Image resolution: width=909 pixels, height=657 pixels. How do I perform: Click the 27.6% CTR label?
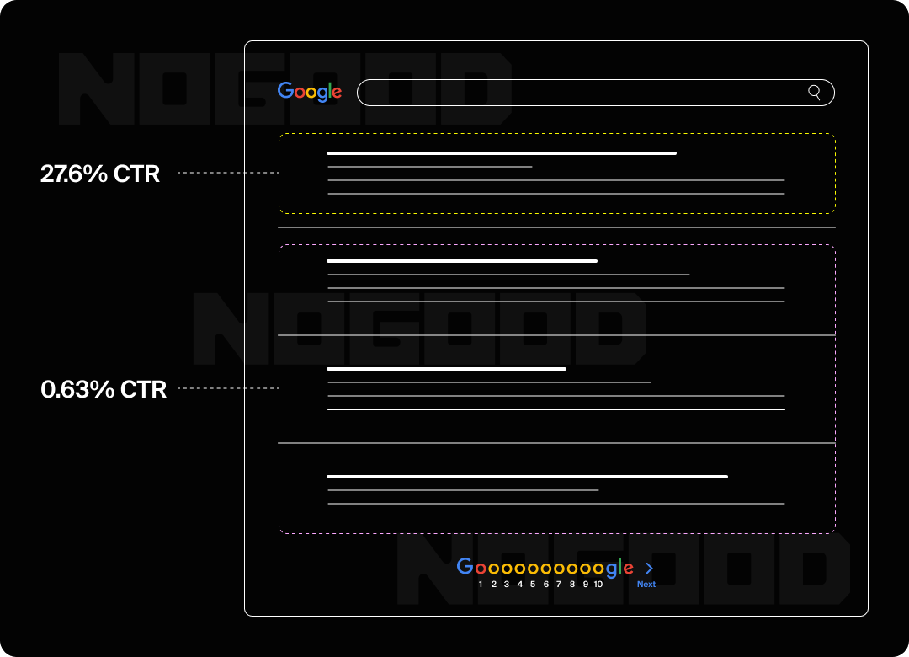point(100,174)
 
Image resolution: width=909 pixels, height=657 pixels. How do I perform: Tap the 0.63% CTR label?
point(104,389)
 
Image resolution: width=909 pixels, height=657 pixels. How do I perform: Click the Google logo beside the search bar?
point(310,92)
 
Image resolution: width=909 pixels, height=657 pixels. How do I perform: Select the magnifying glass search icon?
point(814,93)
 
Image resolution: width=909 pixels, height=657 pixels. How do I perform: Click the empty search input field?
point(581,93)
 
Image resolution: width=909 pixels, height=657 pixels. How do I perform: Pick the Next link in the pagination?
point(646,585)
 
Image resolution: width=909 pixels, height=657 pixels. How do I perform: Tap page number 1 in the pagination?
point(481,585)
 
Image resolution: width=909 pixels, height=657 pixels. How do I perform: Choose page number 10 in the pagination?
point(598,585)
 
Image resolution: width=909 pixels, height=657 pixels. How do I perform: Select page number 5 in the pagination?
point(533,585)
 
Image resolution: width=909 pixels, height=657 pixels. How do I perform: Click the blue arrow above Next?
point(649,569)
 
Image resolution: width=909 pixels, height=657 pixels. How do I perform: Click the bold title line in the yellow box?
point(502,153)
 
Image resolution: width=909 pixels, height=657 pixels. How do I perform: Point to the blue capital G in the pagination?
point(465,567)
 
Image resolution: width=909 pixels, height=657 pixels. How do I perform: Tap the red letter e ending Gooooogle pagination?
point(627,569)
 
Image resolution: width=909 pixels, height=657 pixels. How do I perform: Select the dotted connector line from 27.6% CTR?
point(227,173)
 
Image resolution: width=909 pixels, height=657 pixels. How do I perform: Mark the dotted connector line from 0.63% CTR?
point(227,388)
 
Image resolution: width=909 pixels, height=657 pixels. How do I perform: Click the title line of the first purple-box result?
point(462,261)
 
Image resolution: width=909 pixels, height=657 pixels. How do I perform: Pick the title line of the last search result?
point(527,477)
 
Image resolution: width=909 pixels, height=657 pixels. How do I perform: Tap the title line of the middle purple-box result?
point(446,369)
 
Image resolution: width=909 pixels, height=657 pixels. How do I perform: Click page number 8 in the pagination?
point(572,585)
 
